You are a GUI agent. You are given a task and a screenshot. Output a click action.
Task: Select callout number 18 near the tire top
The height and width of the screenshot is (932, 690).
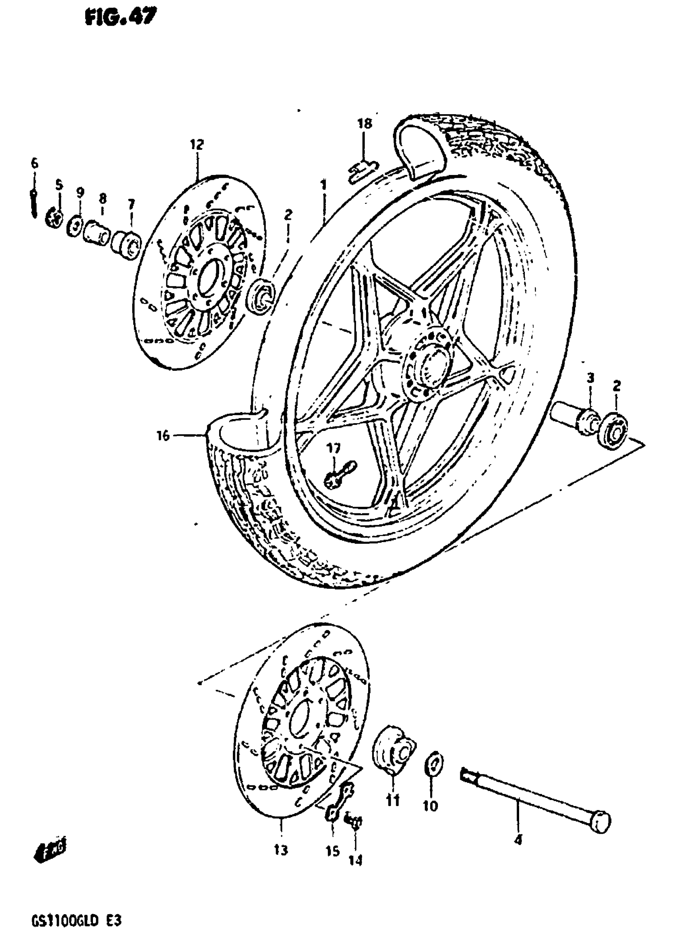(x=364, y=124)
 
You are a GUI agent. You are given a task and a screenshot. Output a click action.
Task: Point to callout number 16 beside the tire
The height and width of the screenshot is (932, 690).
(x=163, y=436)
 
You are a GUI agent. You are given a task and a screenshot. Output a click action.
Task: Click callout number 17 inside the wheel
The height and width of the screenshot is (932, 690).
(x=334, y=448)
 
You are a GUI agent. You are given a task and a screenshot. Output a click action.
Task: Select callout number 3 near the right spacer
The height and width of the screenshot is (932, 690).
(x=590, y=378)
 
